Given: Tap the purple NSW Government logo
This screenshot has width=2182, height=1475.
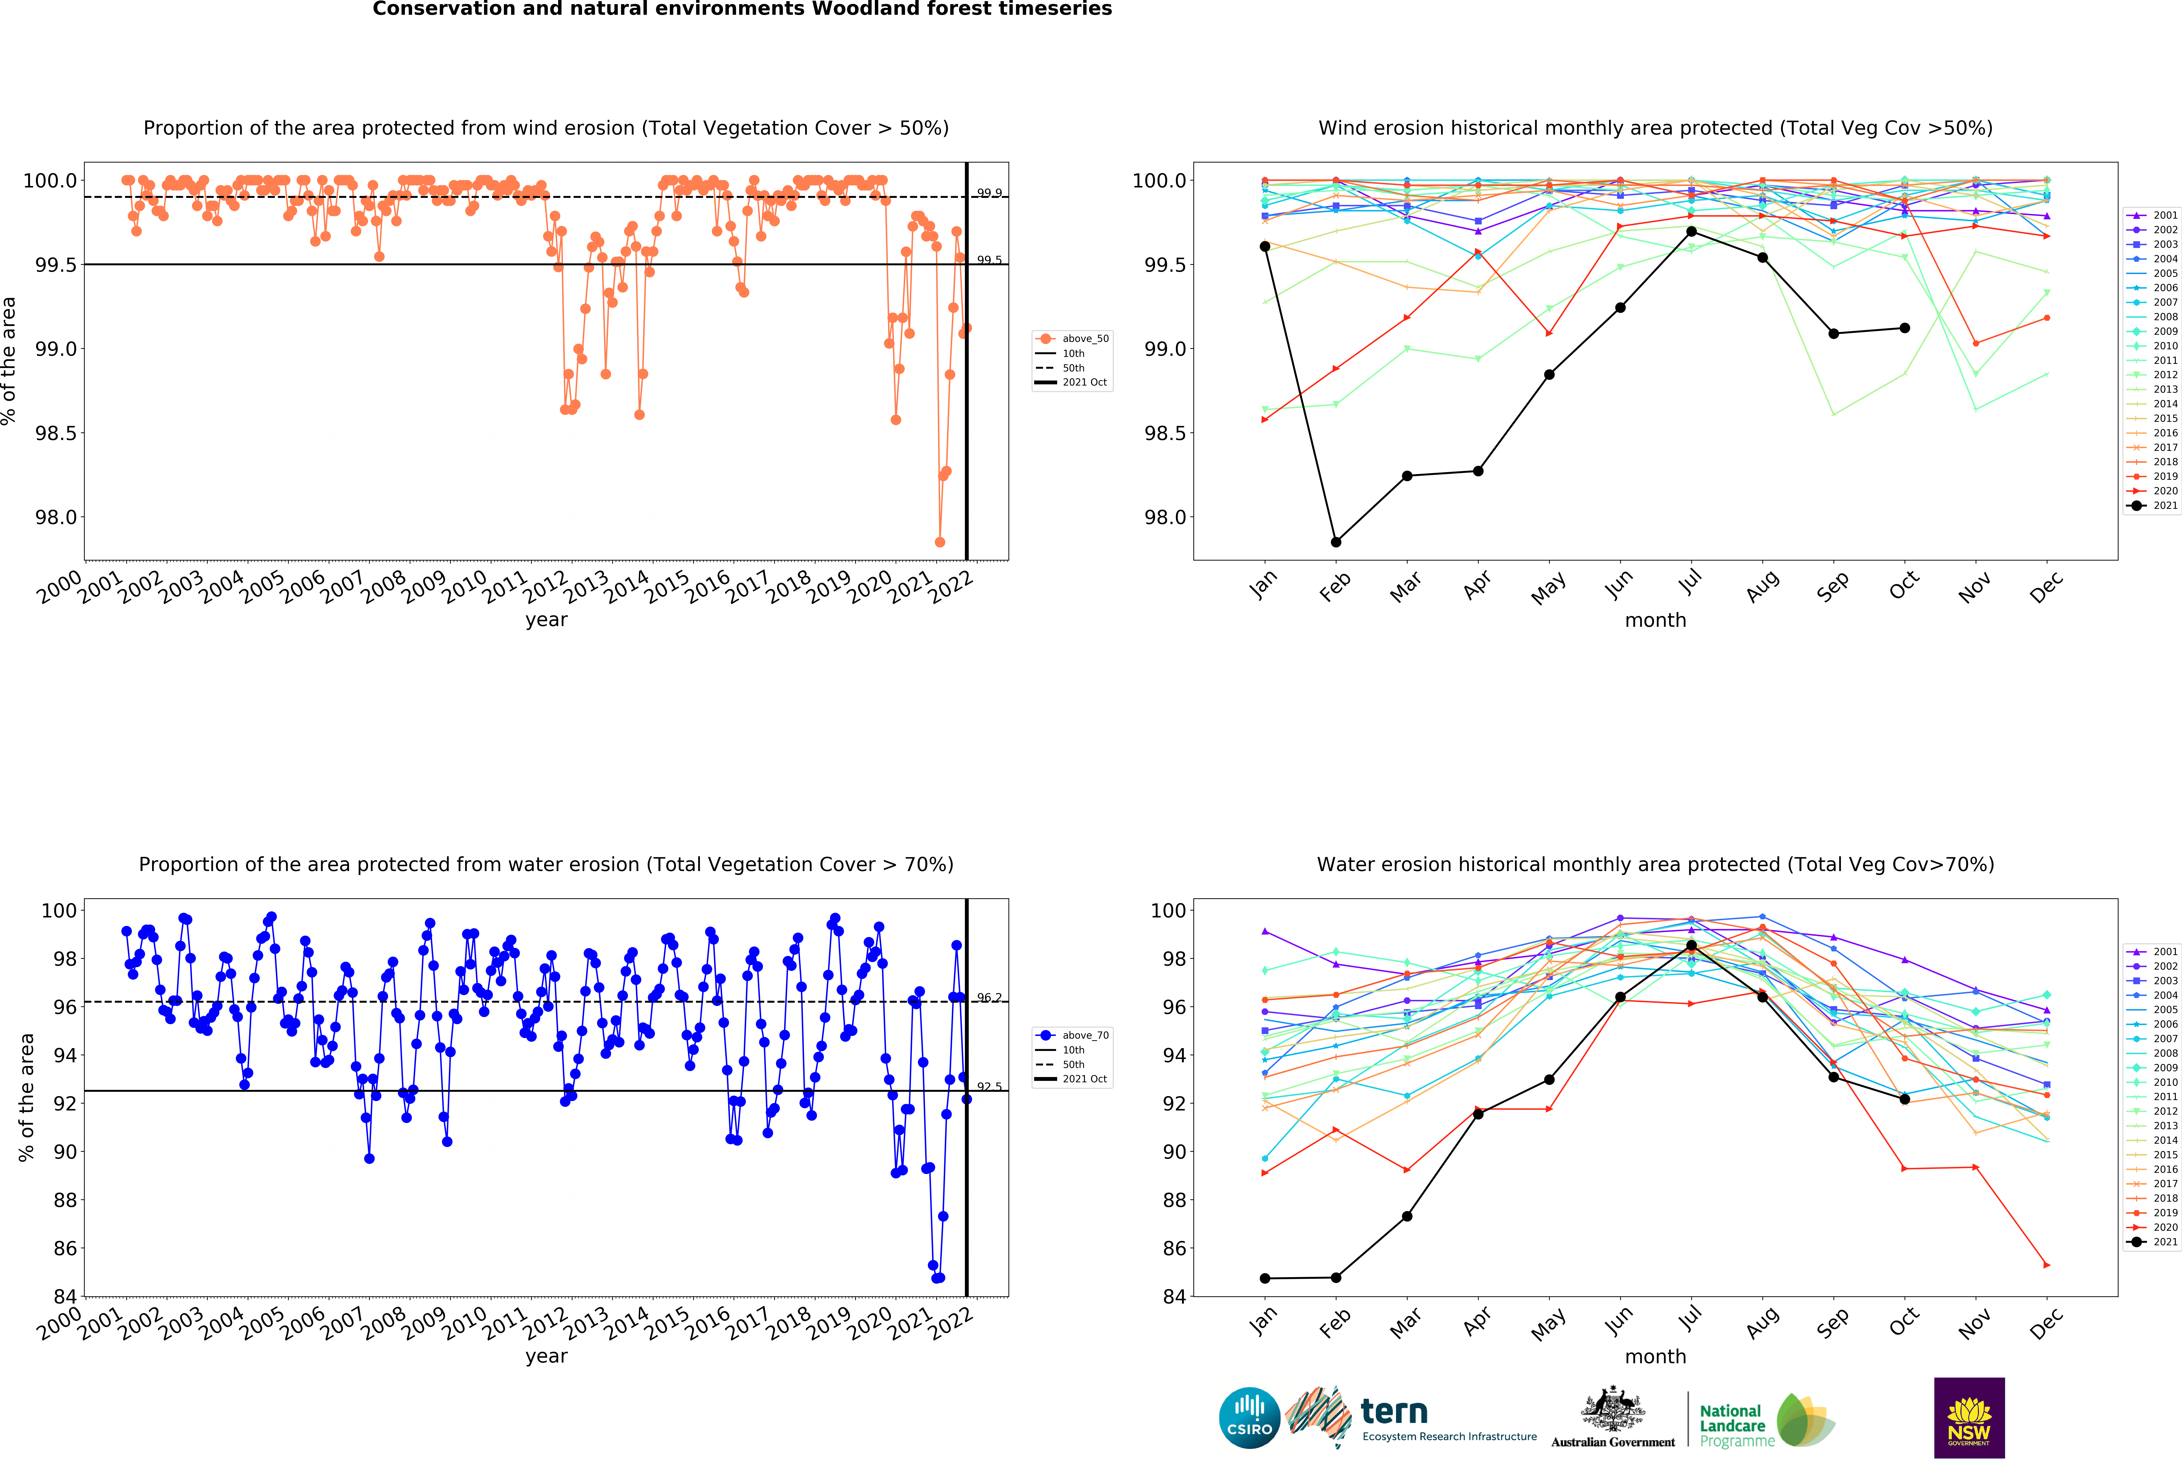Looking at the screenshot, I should (1969, 1418).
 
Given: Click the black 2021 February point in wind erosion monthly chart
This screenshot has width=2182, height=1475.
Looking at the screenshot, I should (1336, 542).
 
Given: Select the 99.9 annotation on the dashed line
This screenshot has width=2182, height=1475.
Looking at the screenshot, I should (989, 193).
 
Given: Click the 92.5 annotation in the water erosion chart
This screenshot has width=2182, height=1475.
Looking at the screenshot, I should (989, 1086).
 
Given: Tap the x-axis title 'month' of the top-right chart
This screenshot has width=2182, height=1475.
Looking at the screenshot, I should (1655, 621).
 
